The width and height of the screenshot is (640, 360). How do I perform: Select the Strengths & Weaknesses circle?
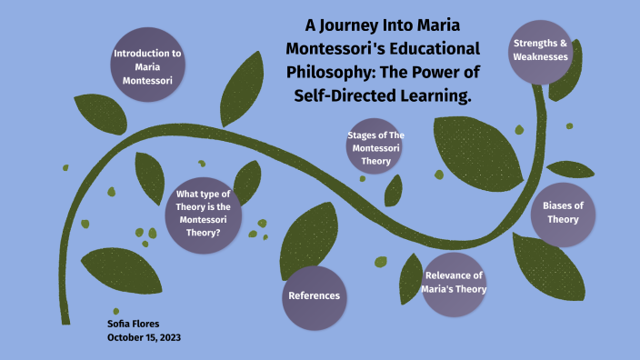coord(540,50)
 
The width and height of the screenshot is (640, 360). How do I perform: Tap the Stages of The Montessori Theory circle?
coord(375,147)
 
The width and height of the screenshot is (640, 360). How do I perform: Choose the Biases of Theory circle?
coord(563,213)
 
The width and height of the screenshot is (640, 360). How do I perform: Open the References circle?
coord(315,296)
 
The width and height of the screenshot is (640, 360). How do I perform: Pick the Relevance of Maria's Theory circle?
coord(455,283)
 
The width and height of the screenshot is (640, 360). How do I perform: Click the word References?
coord(315,296)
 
